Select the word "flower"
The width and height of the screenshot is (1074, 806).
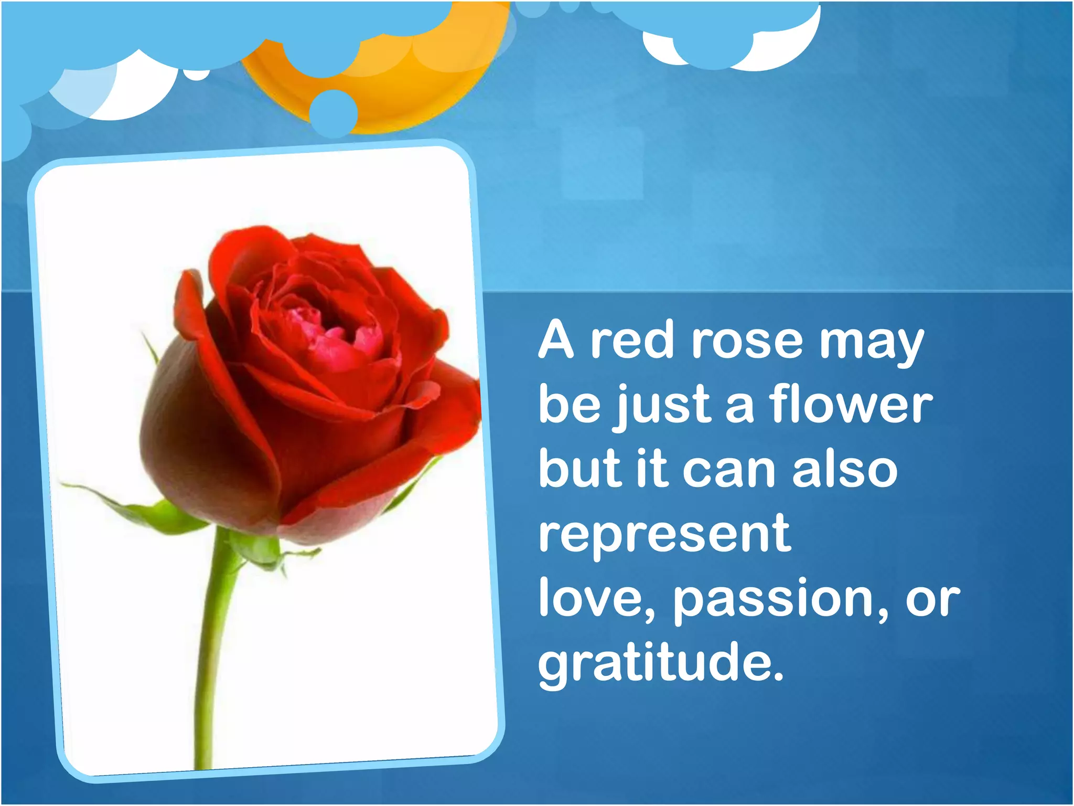click(851, 405)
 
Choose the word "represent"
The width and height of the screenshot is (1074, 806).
click(664, 535)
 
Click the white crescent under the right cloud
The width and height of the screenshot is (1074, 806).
click(776, 52)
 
